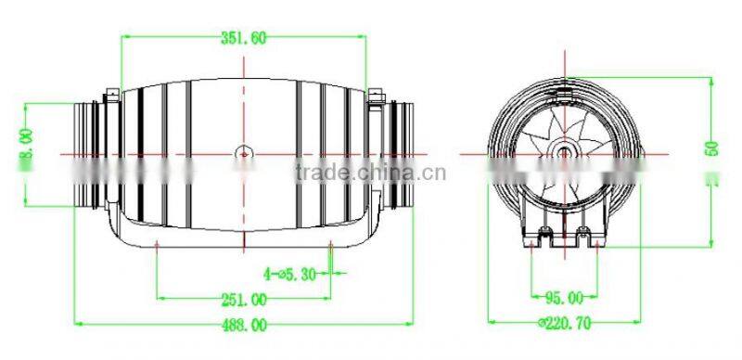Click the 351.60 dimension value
pyautogui.click(x=244, y=38)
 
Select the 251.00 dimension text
pyautogui.click(x=244, y=299)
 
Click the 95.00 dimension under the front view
pyautogui.click(x=563, y=299)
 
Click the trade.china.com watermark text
pyautogui.click(x=370, y=173)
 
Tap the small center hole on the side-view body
pyautogui.click(x=243, y=151)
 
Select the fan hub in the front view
pyautogui.click(x=564, y=151)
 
